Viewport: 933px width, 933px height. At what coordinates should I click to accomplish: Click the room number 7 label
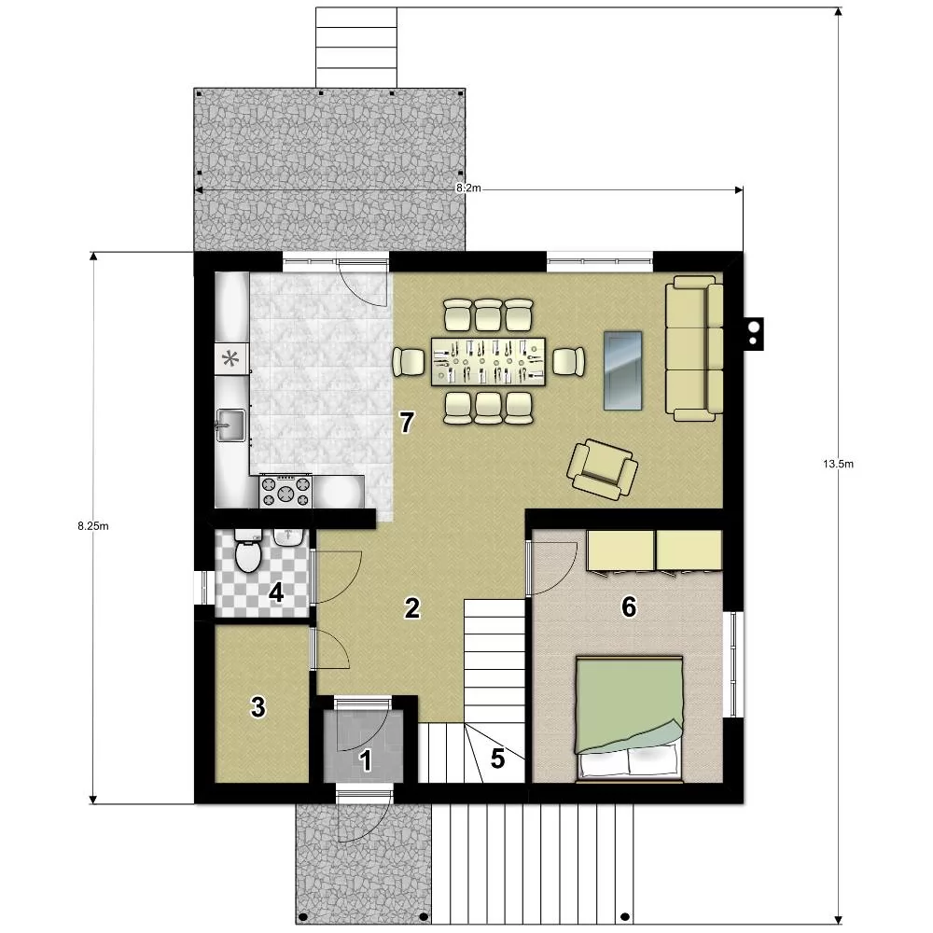point(407,423)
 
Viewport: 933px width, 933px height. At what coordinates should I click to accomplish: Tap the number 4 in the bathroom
point(276,592)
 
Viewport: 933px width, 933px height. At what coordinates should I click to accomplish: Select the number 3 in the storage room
point(258,707)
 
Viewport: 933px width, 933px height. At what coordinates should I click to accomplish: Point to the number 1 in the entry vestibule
point(366,760)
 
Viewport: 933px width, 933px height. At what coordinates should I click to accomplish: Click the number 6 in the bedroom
point(629,607)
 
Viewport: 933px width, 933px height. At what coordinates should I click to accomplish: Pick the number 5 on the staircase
point(497,759)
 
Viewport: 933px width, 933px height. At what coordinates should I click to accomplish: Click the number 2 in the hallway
point(411,608)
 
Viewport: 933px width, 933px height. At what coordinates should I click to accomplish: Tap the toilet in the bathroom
point(248,550)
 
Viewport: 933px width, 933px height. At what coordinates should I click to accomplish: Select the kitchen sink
point(230,425)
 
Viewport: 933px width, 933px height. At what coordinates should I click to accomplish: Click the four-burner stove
point(285,492)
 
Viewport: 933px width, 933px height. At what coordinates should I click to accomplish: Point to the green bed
point(629,718)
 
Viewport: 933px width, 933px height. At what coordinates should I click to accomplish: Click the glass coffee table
point(623,370)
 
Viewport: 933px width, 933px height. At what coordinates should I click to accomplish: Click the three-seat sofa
point(694,348)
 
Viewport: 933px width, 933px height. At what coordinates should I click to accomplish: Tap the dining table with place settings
point(489,361)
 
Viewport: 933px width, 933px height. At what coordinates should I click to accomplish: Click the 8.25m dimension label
point(92,526)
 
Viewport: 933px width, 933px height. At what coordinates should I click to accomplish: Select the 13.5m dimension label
point(839,464)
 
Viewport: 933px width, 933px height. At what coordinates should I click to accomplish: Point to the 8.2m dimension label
point(468,188)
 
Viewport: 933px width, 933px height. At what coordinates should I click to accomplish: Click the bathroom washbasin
point(289,537)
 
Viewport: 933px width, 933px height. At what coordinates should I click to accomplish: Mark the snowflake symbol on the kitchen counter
point(230,358)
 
